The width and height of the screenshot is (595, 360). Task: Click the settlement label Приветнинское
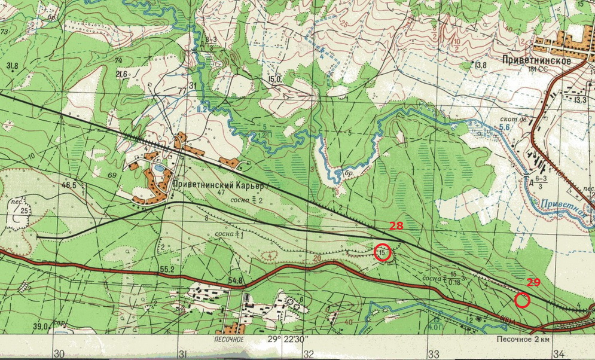536,61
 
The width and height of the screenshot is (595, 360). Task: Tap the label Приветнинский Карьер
219,185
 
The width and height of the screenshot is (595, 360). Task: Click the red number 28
396,225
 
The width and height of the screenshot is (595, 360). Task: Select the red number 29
533,281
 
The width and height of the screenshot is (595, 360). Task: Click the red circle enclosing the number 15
382,253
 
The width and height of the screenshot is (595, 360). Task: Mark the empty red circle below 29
522,300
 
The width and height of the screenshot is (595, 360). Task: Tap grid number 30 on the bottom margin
59,353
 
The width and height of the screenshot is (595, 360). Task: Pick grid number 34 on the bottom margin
559,353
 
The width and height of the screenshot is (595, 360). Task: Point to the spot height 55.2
166,270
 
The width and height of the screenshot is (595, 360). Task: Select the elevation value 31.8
12,65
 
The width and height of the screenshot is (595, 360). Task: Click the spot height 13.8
480,65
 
